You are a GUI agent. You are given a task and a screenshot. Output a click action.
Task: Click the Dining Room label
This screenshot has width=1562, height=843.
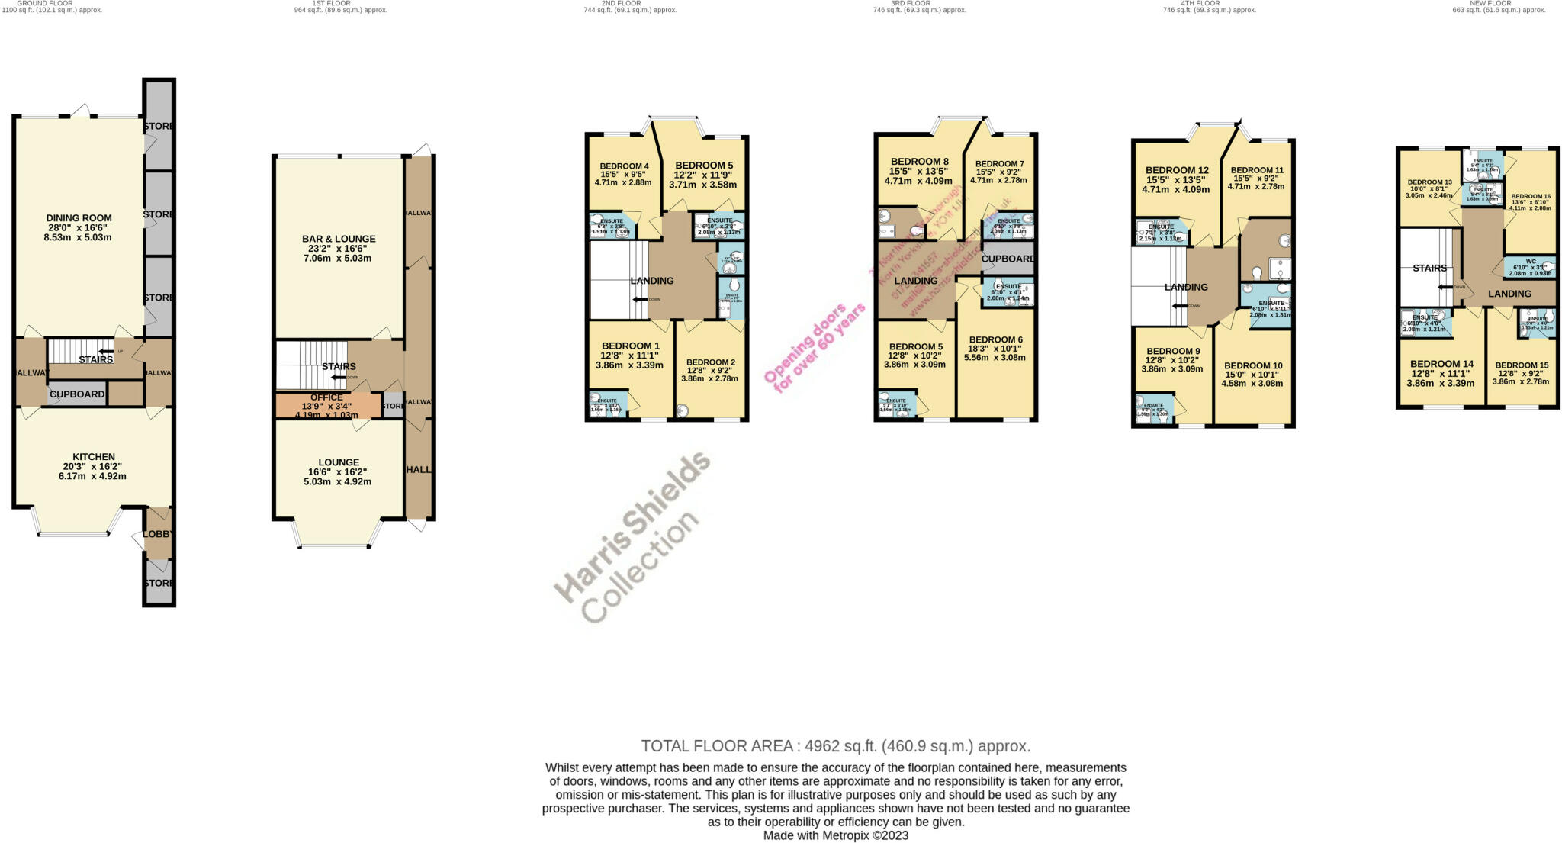click(x=78, y=218)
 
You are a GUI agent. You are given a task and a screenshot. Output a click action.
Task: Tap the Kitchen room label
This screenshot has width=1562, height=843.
click(x=94, y=457)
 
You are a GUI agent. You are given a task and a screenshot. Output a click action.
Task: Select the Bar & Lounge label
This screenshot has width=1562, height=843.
click(x=339, y=239)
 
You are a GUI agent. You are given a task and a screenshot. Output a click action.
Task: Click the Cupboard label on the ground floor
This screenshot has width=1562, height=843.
click(x=77, y=394)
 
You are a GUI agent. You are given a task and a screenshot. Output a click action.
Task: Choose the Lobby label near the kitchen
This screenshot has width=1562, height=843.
click(x=158, y=535)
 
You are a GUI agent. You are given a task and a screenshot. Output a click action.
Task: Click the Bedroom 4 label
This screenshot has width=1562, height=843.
click(x=624, y=166)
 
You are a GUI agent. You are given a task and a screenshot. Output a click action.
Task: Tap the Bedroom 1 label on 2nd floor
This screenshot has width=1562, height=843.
click(x=629, y=346)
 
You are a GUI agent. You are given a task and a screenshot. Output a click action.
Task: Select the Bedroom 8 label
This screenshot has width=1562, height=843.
click(x=919, y=162)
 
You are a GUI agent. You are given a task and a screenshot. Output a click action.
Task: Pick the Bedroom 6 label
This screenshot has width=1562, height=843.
click(x=995, y=339)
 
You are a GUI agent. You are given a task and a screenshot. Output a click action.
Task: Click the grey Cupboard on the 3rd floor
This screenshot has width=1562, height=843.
click(x=1008, y=259)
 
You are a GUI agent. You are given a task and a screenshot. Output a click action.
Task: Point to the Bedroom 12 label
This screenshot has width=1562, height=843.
click(x=1176, y=170)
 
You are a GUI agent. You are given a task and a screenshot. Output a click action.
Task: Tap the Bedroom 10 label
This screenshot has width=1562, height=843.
click(x=1252, y=365)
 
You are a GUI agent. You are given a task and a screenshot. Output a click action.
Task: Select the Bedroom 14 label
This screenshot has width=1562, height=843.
click(x=1441, y=364)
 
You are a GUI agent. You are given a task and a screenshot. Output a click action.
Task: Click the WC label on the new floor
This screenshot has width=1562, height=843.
click(x=1531, y=262)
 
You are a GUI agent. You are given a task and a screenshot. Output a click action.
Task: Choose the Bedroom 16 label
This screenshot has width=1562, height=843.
click(x=1531, y=196)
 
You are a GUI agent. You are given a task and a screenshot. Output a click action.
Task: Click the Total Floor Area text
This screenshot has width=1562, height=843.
click(x=835, y=746)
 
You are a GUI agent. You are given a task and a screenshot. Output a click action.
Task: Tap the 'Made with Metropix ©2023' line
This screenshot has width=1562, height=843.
click(x=835, y=835)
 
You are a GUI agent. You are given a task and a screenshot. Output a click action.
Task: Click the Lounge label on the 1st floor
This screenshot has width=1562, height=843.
click(x=339, y=462)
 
